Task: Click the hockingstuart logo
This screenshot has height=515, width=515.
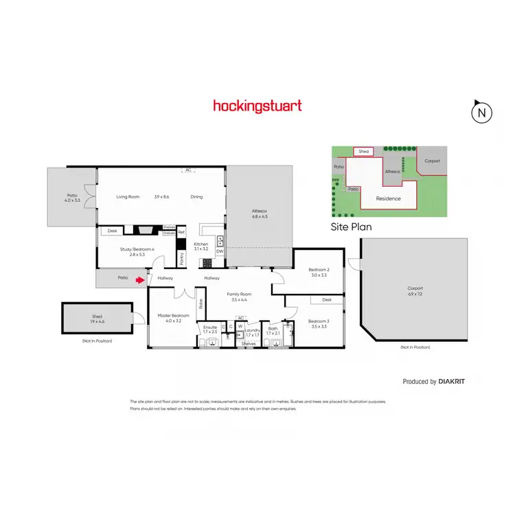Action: click(257, 106)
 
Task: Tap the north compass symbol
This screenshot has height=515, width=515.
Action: click(483, 113)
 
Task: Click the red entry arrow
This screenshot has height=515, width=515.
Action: click(141, 279)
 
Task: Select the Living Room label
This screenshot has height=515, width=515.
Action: click(128, 197)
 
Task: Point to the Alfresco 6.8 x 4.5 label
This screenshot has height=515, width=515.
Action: click(260, 216)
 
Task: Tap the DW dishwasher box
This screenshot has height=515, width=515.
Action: click(220, 251)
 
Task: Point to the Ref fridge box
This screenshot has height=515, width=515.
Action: click(181, 232)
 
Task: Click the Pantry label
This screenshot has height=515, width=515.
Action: click(182, 258)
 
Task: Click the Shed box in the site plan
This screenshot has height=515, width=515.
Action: click(364, 152)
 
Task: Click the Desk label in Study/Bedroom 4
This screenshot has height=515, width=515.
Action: click(113, 231)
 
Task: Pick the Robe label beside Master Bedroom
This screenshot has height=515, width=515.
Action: click(201, 303)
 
